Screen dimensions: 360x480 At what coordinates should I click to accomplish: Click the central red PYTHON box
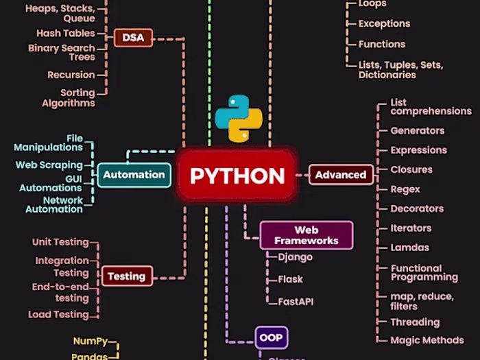pyautogui.click(x=237, y=176)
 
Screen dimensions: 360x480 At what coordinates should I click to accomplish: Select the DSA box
pyautogui.click(x=133, y=38)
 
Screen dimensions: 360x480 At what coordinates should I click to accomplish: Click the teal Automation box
pyautogui.click(x=134, y=175)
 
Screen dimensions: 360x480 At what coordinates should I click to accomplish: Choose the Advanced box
pyautogui.click(x=340, y=175)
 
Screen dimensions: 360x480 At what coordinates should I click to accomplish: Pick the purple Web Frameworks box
pyautogui.click(x=307, y=235)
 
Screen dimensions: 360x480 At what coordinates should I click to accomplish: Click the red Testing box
pyautogui.click(x=126, y=276)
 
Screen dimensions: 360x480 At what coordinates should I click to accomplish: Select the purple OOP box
pyautogui.click(x=271, y=337)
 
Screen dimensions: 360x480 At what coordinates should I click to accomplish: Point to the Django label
pyautogui.click(x=295, y=257)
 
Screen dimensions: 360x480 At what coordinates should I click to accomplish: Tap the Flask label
pyautogui.click(x=290, y=279)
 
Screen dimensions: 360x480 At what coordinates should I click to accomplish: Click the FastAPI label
pyautogui.click(x=296, y=301)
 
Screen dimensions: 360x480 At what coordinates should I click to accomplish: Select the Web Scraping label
pyautogui.click(x=49, y=165)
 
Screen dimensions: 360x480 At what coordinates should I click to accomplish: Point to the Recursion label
pyautogui.click(x=71, y=75)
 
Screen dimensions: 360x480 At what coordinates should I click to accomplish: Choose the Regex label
pyautogui.click(x=405, y=189)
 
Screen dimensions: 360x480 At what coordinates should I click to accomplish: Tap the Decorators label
pyautogui.click(x=417, y=208)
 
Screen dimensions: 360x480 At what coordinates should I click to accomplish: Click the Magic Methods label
pyautogui.click(x=427, y=340)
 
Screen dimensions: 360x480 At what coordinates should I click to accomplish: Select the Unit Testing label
pyautogui.click(x=60, y=242)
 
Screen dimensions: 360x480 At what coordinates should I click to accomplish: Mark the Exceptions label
pyautogui.click(x=384, y=23)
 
